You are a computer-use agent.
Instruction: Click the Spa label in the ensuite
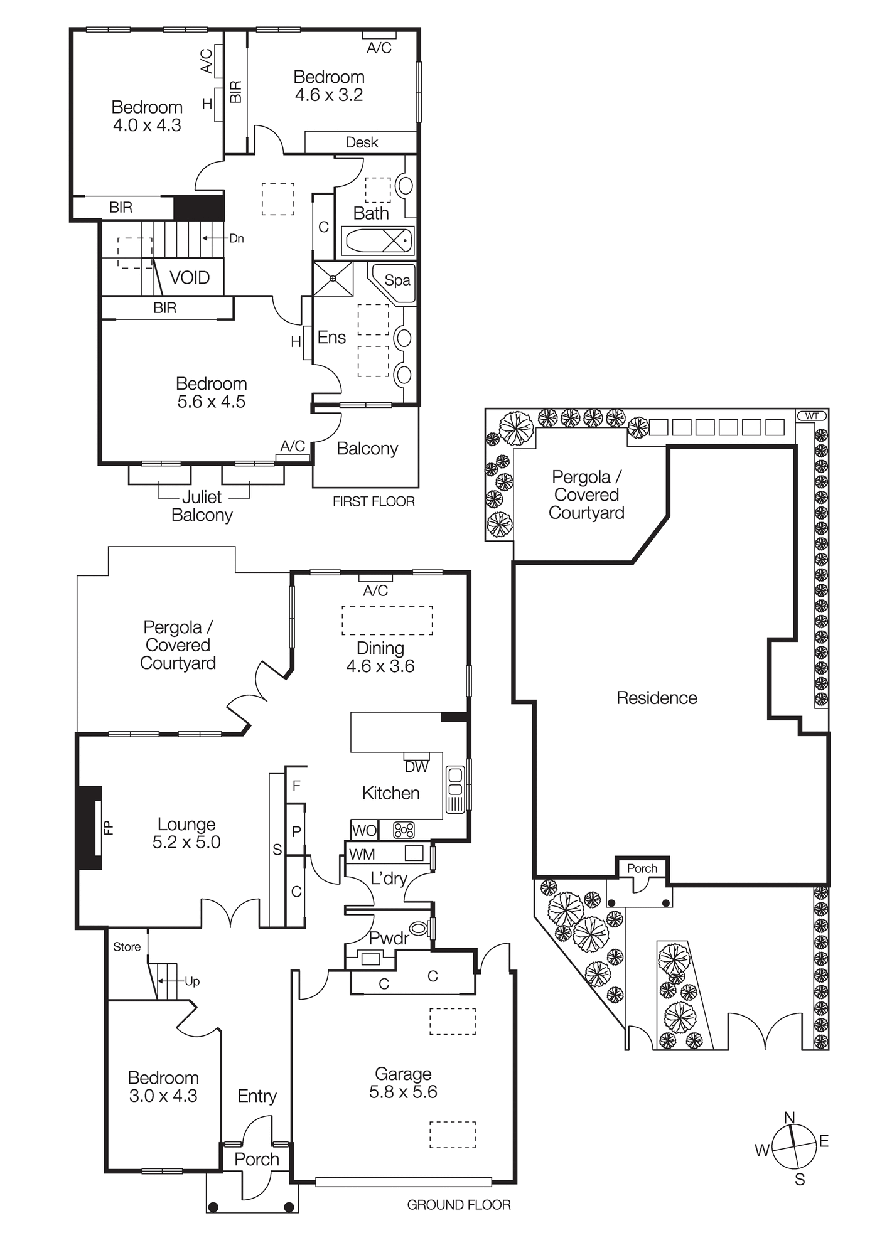(x=397, y=280)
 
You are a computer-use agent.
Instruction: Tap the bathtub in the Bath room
(x=377, y=240)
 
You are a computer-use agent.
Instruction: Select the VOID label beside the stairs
(x=190, y=278)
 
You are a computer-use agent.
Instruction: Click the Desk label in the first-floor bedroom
(x=362, y=142)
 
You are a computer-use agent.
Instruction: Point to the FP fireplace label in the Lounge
(x=109, y=828)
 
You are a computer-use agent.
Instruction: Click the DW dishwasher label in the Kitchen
(x=416, y=766)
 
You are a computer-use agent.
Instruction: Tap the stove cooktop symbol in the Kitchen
(x=404, y=830)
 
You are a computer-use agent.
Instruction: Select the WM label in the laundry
(x=362, y=854)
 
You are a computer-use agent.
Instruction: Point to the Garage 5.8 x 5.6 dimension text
(x=403, y=1091)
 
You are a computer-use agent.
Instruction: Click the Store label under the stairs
(x=127, y=947)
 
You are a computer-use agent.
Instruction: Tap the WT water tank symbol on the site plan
(x=812, y=415)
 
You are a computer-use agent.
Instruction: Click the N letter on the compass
(x=790, y=1117)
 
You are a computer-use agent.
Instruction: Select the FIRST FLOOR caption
(x=374, y=501)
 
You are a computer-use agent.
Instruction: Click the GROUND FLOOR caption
(x=459, y=1205)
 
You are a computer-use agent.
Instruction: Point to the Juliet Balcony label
(x=202, y=506)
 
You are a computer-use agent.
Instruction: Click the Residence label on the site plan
(x=657, y=698)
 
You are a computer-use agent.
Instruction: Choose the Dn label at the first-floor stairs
(x=237, y=238)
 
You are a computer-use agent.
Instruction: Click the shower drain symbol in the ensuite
(x=333, y=279)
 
